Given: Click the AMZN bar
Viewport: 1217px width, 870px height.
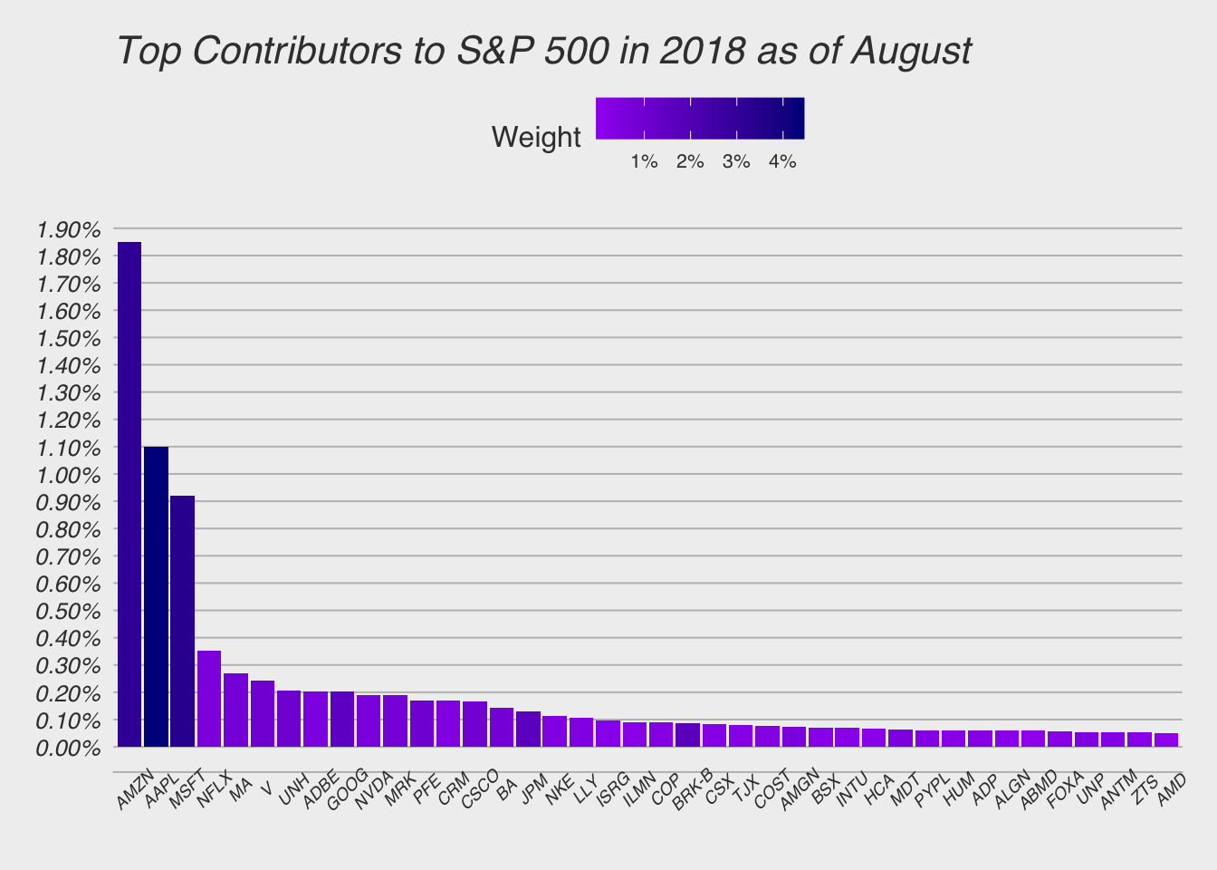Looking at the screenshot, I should pyautogui.click(x=129, y=494).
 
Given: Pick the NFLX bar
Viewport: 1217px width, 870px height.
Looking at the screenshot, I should pyautogui.click(x=209, y=699).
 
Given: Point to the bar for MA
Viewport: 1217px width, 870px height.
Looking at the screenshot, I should pyautogui.click(x=235, y=710).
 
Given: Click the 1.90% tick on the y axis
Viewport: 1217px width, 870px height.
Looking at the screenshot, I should pyautogui.click(x=70, y=229).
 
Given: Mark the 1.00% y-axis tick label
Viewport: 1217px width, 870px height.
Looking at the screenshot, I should pyautogui.click(x=70, y=475).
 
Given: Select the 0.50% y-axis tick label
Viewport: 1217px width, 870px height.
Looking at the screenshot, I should pyautogui.click(x=70, y=612).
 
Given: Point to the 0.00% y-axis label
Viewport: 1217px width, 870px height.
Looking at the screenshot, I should pyautogui.click(x=70, y=749).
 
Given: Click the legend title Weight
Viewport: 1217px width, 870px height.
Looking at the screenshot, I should pyautogui.click(x=536, y=138).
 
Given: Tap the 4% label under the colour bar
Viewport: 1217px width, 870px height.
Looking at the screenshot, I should pyautogui.click(x=782, y=162).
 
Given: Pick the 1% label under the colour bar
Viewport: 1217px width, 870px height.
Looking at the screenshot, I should pyautogui.click(x=644, y=162).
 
